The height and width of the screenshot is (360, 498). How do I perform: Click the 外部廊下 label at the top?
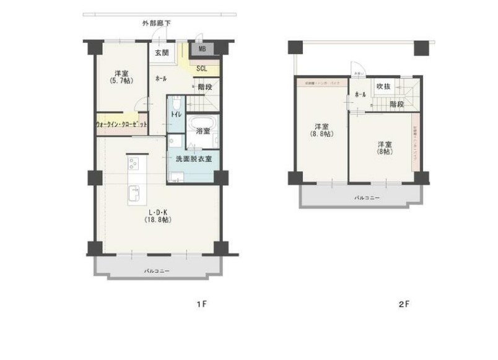[156, 23]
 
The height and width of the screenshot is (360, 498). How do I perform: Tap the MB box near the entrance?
[203, 48]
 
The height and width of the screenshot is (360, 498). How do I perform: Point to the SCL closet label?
[201, 69]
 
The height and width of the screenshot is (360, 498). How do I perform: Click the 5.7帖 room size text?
[120, 81]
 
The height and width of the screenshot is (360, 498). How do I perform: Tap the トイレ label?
[175, 115]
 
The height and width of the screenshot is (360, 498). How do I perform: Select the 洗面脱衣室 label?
[193, 159]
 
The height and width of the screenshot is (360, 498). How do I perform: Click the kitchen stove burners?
[134, 164]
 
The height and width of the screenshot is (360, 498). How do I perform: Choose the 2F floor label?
[404, 305]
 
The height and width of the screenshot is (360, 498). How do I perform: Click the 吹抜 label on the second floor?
[383, 87]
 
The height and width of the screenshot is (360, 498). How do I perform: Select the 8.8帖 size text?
[321, 134]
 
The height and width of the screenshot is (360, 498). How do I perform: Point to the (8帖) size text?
[384, 152]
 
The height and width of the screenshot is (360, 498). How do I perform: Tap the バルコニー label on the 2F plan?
[367, 198]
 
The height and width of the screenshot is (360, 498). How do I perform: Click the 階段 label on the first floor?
[206, 87]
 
